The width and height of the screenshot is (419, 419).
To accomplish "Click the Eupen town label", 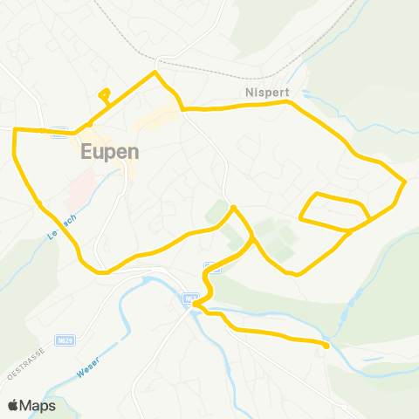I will pos(110,151).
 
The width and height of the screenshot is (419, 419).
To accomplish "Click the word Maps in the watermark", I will pos(38,405).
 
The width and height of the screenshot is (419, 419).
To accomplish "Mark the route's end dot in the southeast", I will pos(326,346).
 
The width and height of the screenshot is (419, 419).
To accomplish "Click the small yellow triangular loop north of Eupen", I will pos(105,93).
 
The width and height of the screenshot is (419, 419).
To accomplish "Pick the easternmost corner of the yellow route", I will pos(406,181).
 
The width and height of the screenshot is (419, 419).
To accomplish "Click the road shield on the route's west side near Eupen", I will pos(58,134).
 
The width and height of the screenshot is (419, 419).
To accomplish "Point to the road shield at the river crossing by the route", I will pos(189,299).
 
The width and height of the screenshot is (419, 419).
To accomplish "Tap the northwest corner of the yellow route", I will pos(16,130).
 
